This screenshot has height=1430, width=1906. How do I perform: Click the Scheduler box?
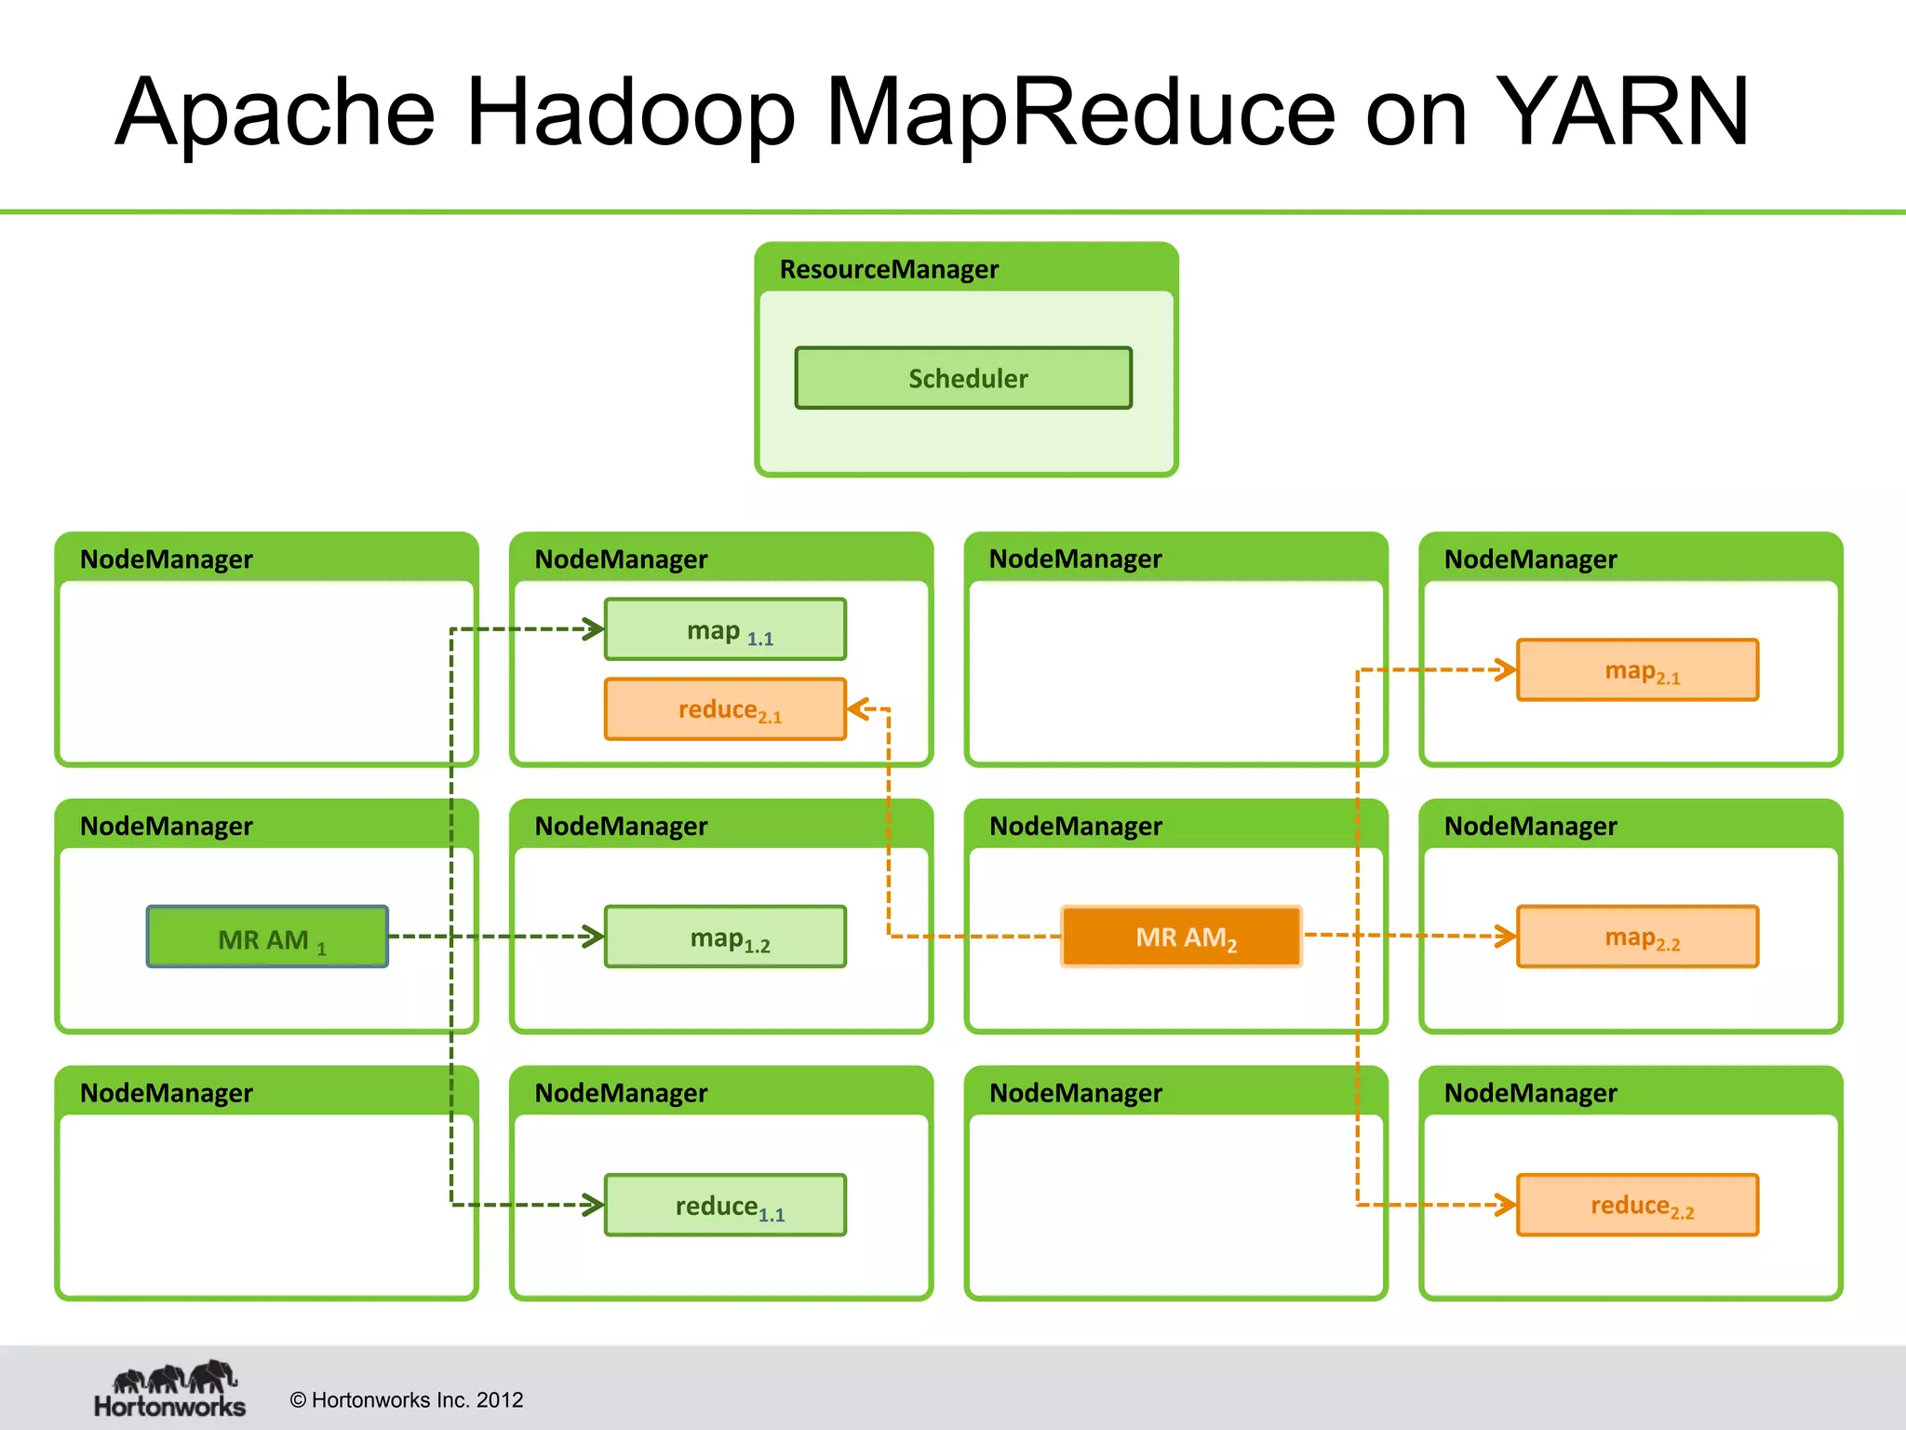[963, 378]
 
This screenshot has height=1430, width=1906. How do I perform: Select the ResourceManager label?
[888, 270]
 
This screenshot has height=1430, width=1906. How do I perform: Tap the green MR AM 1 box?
[267, 938]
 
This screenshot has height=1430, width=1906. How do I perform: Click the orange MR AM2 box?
[1181, 937]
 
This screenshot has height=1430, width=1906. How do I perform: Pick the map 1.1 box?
[725, 630]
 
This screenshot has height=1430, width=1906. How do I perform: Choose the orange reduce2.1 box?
[725, 709]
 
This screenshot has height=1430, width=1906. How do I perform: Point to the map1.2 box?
[725, 938]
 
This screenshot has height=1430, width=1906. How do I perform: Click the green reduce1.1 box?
[725, 1206]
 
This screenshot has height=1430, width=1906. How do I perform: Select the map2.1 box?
[1637, 670]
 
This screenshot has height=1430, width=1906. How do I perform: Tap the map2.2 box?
[1637, 938]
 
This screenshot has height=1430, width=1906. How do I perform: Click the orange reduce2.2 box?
[1637, 1206]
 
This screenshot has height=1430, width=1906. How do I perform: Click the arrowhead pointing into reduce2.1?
[856, 709]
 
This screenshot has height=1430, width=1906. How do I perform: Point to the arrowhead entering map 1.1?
[595, 629]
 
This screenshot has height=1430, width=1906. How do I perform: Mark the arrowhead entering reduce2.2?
[1507, 1205]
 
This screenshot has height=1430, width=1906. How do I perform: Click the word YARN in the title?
[1625, 113]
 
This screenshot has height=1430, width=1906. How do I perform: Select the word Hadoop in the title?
[630, 113]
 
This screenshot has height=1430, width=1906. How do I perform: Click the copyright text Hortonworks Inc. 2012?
[407, 1400]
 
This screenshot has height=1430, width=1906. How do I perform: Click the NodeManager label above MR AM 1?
[166, 827]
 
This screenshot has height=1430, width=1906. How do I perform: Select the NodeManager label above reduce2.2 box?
[1530, 1093]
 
